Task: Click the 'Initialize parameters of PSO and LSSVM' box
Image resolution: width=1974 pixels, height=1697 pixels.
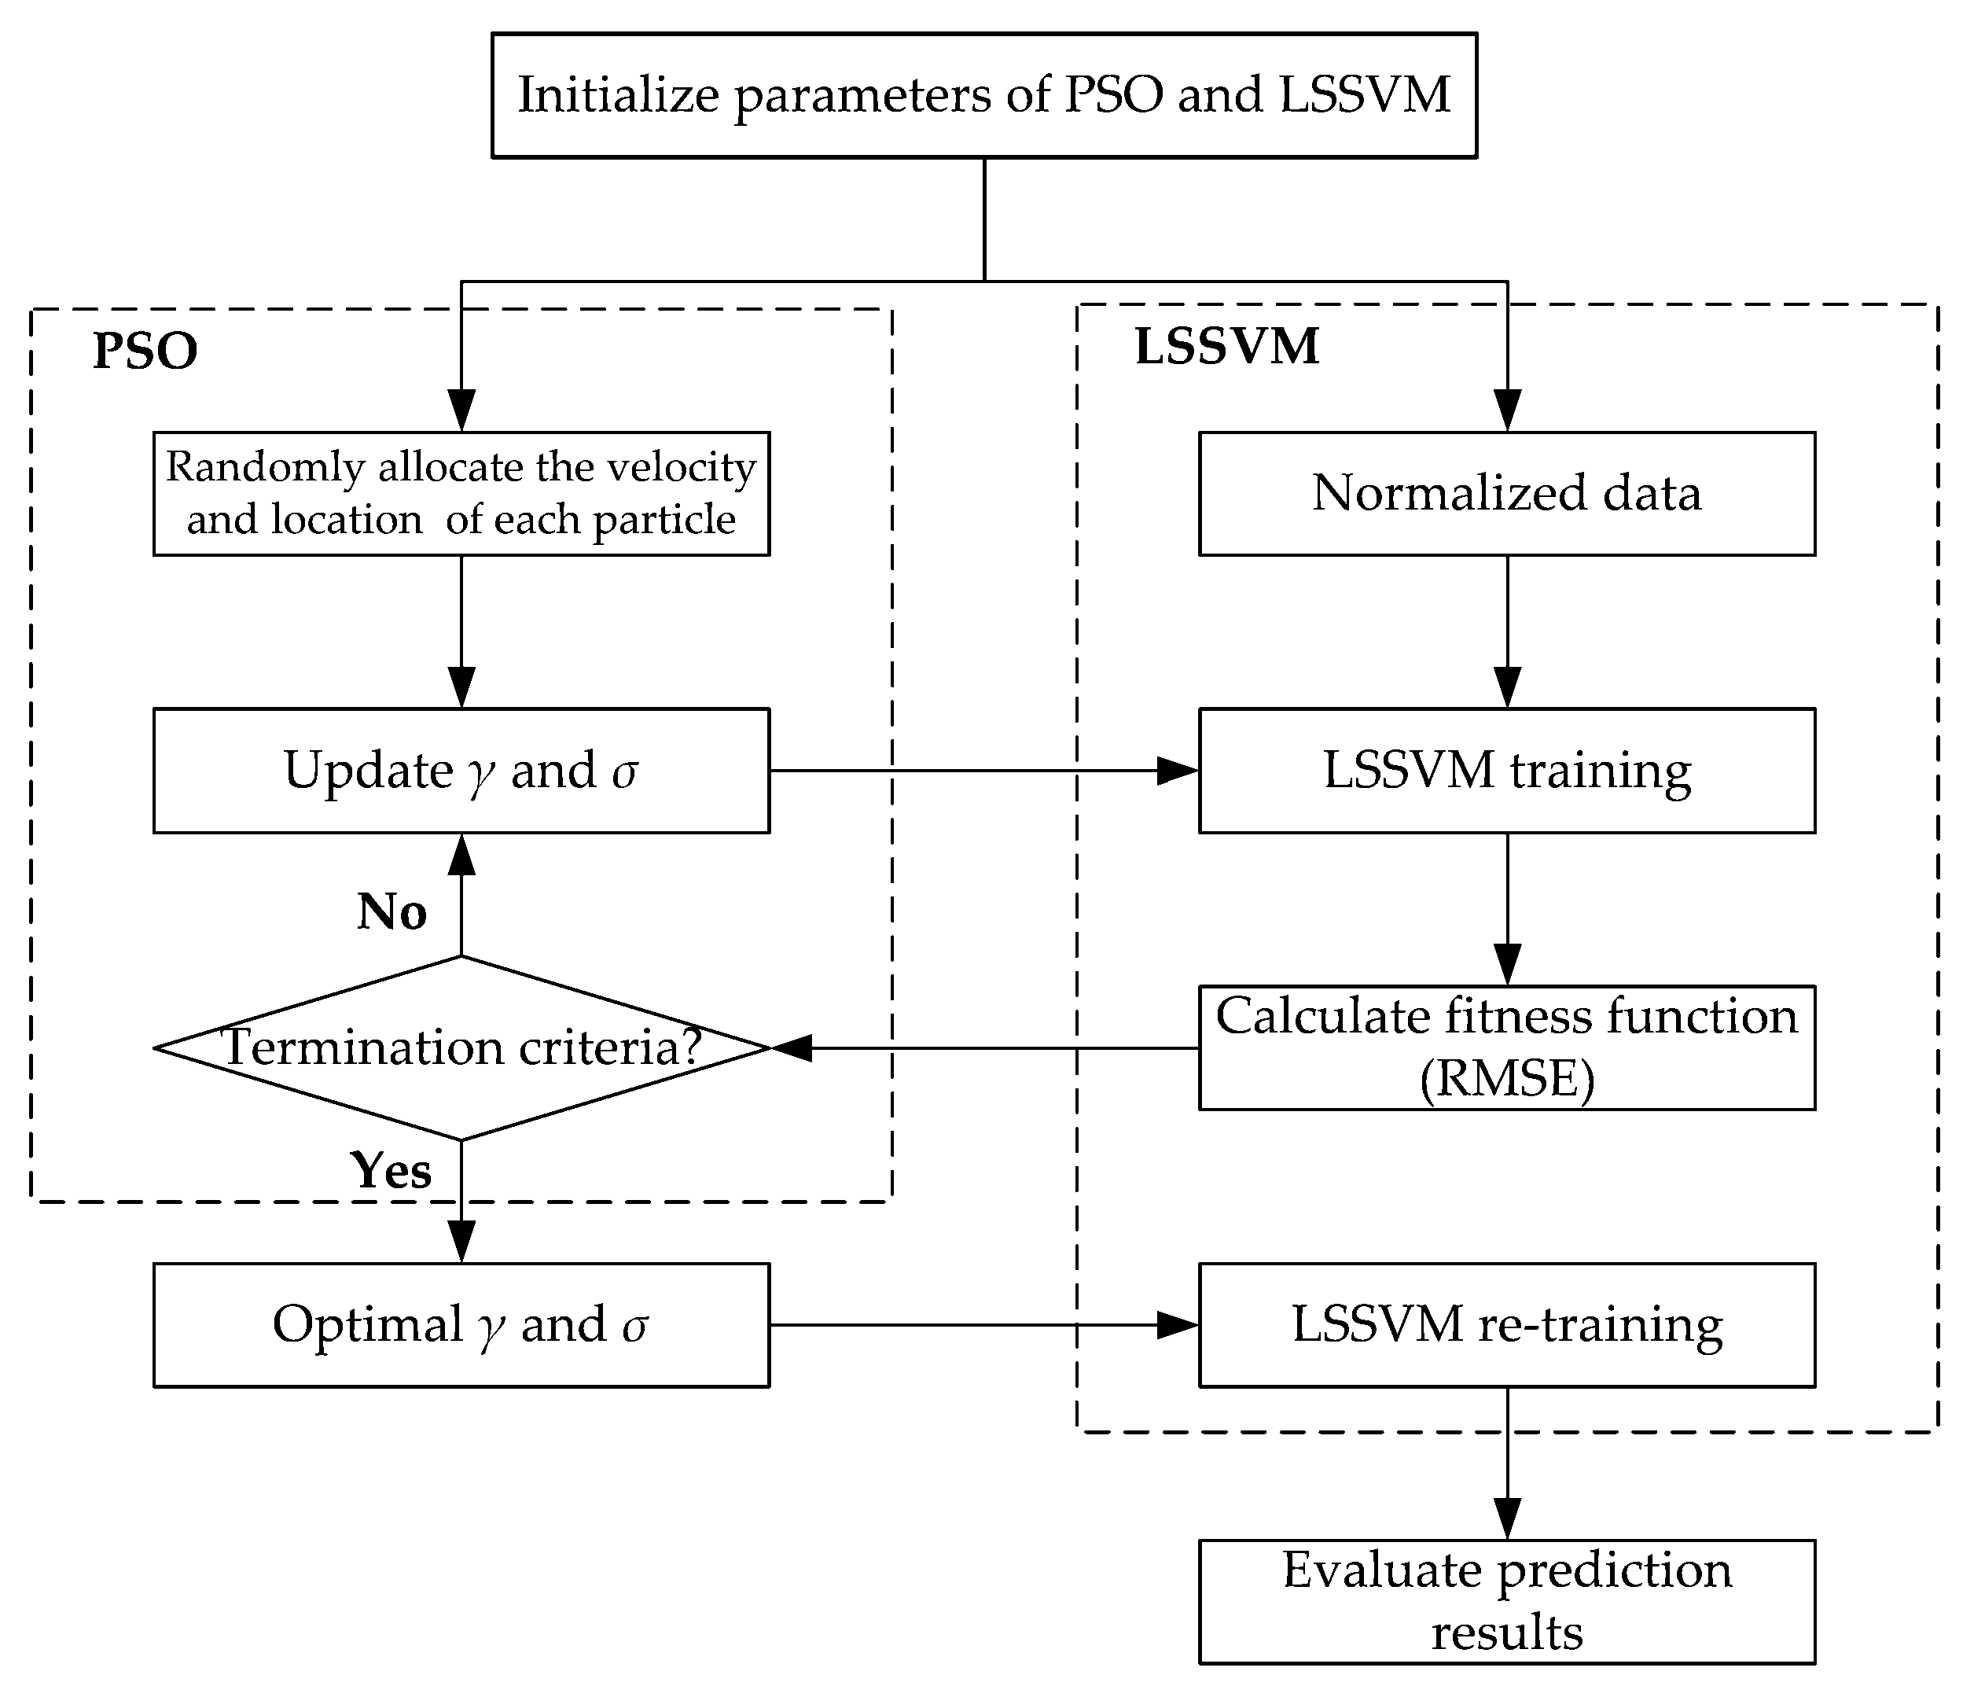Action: click(983, 95)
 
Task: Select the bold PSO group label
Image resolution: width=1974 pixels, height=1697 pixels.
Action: click(145, 351)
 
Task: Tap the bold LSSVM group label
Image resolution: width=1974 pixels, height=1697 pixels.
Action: click(1227, 346)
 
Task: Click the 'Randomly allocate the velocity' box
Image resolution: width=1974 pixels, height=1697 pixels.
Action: click(461, 494)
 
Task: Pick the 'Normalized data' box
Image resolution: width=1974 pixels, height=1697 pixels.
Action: click(1506, 494)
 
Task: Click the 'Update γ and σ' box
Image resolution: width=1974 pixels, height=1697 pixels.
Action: click(461, 770)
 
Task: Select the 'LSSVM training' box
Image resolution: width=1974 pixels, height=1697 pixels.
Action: click(1506, 770)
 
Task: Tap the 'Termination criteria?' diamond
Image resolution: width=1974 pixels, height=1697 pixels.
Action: click(461, 1047)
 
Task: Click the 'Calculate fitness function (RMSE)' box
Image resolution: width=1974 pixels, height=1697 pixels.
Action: click(1506, 1047)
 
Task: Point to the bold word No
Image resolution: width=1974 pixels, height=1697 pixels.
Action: click(391, 912)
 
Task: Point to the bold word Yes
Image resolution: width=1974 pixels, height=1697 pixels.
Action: click(391, 1170)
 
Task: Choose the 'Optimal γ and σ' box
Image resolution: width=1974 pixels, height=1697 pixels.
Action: click(461, 1324)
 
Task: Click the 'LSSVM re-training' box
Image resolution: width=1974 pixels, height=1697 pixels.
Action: click(1506, 1324)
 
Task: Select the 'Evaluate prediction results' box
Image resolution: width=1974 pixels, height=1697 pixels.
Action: click(1506, 1602)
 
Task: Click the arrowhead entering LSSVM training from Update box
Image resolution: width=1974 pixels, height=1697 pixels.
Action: click(1178, 770)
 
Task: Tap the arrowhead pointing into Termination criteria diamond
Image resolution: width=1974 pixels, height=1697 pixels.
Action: click(791, 1047)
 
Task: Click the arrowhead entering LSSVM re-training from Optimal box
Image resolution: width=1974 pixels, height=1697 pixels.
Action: click(1178, 1324)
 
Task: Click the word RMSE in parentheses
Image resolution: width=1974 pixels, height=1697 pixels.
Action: click(1506, 1080)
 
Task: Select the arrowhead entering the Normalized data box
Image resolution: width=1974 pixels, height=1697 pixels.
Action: click(1507, 410)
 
